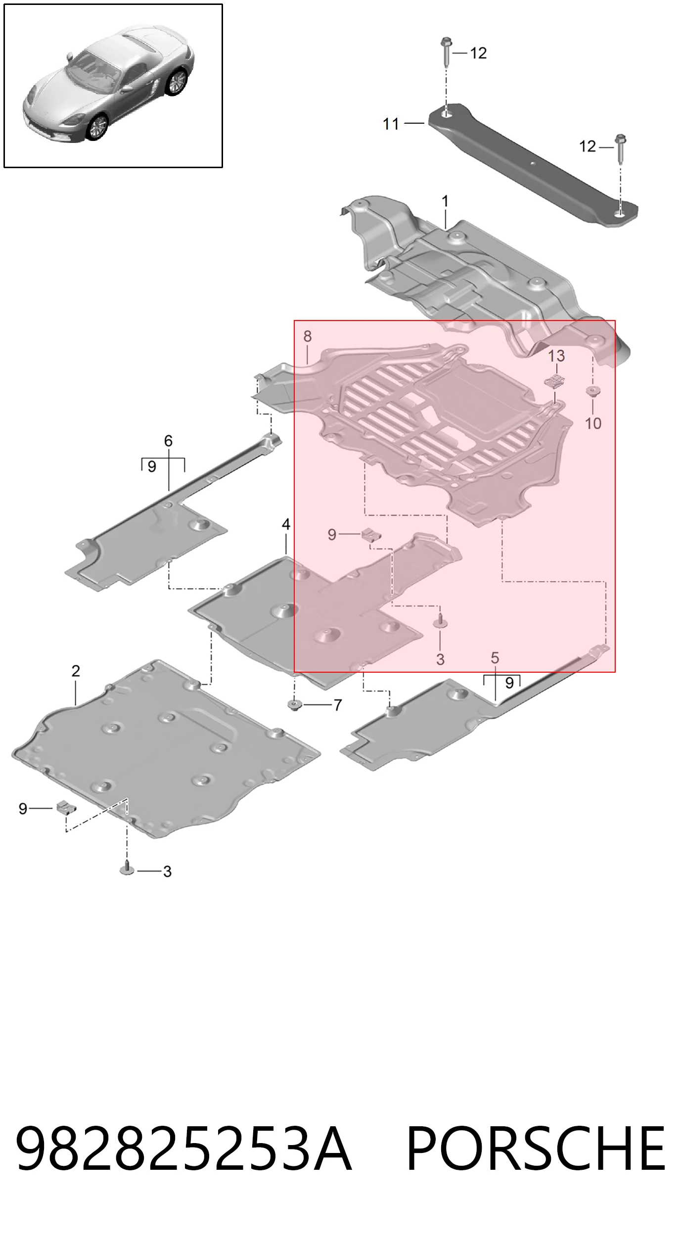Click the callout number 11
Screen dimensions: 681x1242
click(391, 124)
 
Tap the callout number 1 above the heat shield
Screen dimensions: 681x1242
click(445, 201)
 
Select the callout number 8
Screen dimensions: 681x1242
click(308, 336)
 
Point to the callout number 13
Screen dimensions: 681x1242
click(556, 356)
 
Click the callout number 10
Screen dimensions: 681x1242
click(593, 423)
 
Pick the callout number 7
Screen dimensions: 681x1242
click(338, 705)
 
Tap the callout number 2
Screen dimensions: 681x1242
click(76, 671)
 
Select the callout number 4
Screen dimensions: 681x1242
click(286, 524)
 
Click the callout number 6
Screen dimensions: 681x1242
click(168, 441)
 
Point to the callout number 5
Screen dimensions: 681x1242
click(495, 658)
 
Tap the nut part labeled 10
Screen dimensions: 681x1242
click(592, 391)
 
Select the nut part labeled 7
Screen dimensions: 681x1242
click(295, 704)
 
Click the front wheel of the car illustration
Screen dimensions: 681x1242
click(97, 127)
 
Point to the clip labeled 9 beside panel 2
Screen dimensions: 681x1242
click(66, 807)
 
